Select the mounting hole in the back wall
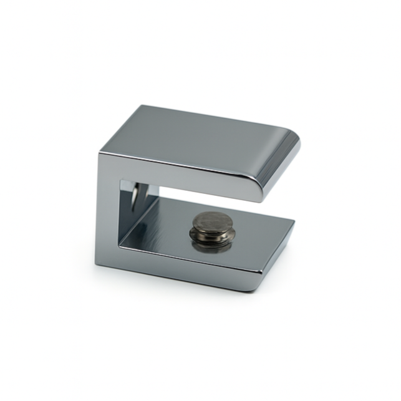tap(135, 195)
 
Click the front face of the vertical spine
tap(107, 212)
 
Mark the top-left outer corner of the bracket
tap(99, 153)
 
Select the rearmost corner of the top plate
tap(142, 106)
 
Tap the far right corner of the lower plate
tap(294, 219)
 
